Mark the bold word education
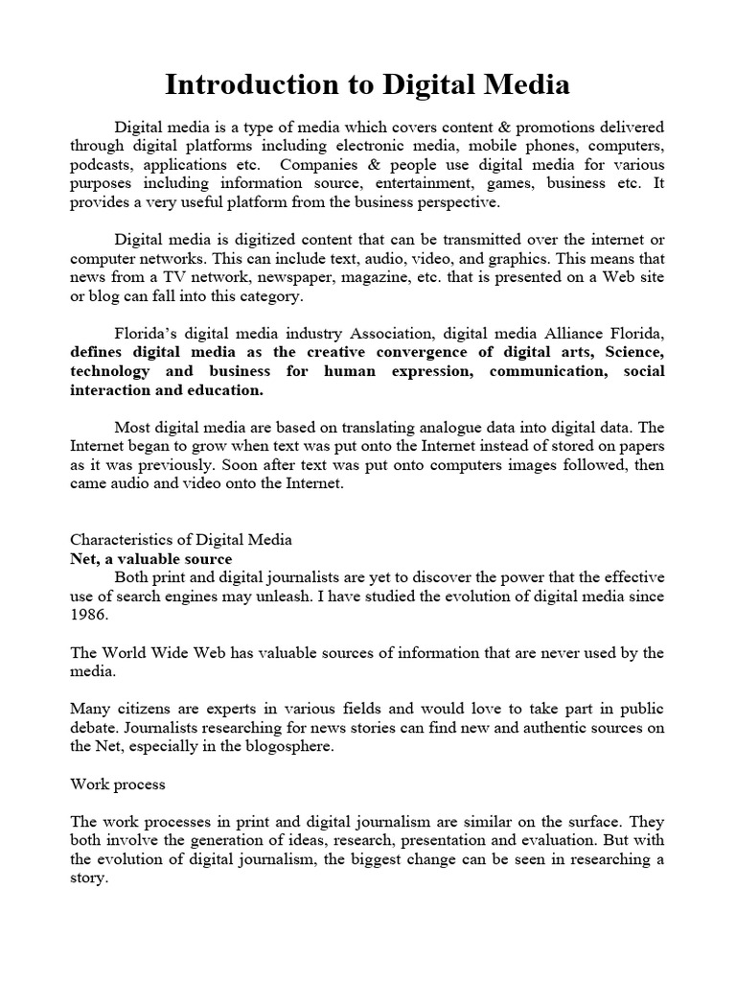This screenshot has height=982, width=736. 226,389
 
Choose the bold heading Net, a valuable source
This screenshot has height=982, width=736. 151,558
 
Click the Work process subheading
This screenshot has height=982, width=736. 118,783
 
